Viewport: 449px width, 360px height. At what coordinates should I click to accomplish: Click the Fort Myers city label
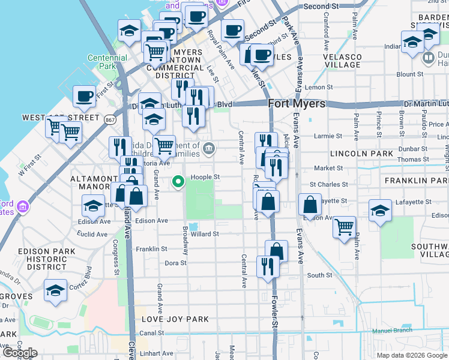pyautogui.click(x=297, y=103)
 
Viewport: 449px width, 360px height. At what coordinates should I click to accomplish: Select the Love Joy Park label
pyautogui.click(x=175, y=319)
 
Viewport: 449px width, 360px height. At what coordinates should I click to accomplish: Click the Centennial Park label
pyautogui.click(x=107, y=62)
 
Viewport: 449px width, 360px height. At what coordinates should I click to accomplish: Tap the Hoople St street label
pyautogui.click(x=206, y=177)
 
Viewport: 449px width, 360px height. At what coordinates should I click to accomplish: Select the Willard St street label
pyautogui.click(x=205, y=234)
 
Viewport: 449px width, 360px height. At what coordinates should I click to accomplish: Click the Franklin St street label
pyautogui.click(x=151, y=248)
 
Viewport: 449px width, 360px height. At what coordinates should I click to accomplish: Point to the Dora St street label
pyautogui.click(x=176, y=263)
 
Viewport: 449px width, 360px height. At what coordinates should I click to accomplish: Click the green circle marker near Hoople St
pyautogui.click(x=178, y=181)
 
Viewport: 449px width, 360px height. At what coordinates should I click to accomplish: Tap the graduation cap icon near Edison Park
pyautogui.click(x=55, y=290)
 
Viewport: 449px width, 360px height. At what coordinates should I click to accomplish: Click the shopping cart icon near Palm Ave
pyautogui.click(x=344, y=227)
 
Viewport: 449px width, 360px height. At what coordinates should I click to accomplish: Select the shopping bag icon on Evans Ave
pyautogui.click(x=310, y=205)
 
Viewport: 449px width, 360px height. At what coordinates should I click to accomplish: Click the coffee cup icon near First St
pyautogui.click(x=85, y=96)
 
